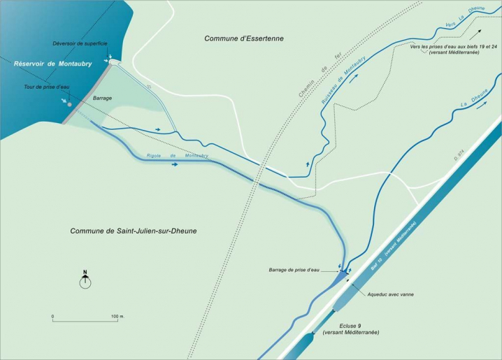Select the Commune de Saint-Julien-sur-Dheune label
pyautogui.click(x=133, y=231)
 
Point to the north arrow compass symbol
pyautogui.click(x=85, y=280)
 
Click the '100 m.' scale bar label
pyautogui.click(x=117, y=317)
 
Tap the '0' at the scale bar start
pyautogui.click(x=53, y=317)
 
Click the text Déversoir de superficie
pyautogui.click(x=80, y=43)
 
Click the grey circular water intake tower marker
pyautogui.click(x=70, y=105)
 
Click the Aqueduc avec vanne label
pyautogui.click(x=390, y=294)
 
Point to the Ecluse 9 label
pyautogui.click(x=350, y=326)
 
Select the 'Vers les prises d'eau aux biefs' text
pyautogui.click(x=445, y=45)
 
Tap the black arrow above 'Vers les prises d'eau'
pyautogui.click(x=478, y=35)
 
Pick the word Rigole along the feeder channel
pyautogui.click(x=156, y=156)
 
